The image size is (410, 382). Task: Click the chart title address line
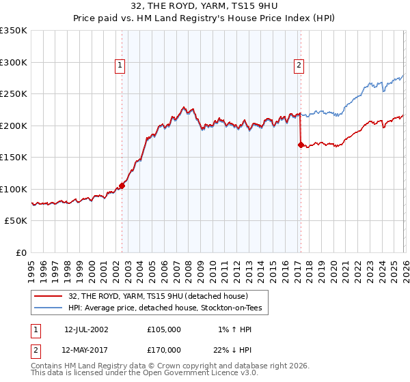(x=205, y=6)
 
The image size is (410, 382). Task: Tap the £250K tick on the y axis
(x=13, y=94)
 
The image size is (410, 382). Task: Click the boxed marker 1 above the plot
(x=120, y=65)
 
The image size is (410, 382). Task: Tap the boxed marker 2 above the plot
(x=299, y=65)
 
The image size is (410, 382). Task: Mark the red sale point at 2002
(x=122, y=186)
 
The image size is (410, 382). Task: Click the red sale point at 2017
(x=301, y=145)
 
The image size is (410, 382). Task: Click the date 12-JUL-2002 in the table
(x=86, y=329)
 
